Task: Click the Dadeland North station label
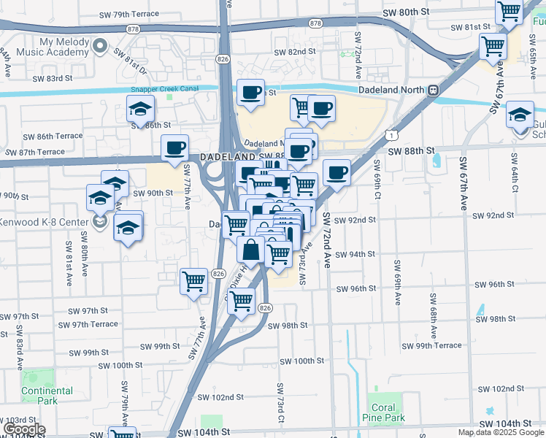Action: point(393,89)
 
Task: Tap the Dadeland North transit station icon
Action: point(433,90)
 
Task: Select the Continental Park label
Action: point(47,396)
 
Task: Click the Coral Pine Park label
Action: point(383,412)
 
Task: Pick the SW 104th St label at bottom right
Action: point(506,424)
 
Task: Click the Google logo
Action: point(24,429)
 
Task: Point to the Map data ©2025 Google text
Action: point(501,433)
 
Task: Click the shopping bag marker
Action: point(250,250)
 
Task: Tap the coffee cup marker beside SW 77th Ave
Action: point(174,147)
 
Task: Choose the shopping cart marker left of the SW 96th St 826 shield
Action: point(193,280)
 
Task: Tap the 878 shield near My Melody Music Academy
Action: point(132,28)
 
